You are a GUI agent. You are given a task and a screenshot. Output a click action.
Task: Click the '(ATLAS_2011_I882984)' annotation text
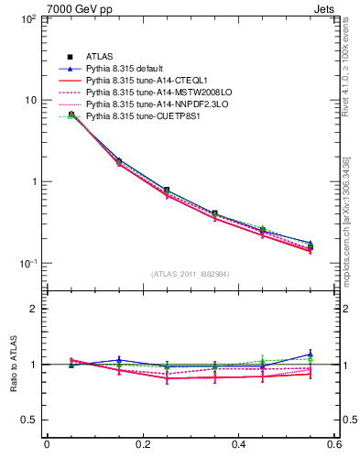pos(191,274)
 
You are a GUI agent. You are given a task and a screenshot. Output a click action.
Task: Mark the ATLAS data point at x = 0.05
pos(71,115)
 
